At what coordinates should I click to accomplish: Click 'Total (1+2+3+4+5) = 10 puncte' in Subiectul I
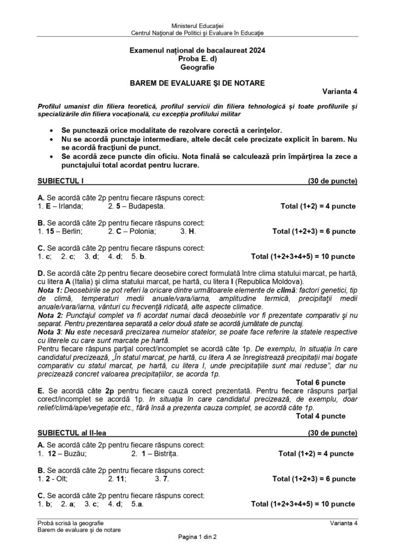[x=303, y=256]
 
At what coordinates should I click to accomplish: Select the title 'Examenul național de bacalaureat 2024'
[x=197, y=50]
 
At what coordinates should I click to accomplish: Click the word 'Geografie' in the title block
[x=197, y=68]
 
